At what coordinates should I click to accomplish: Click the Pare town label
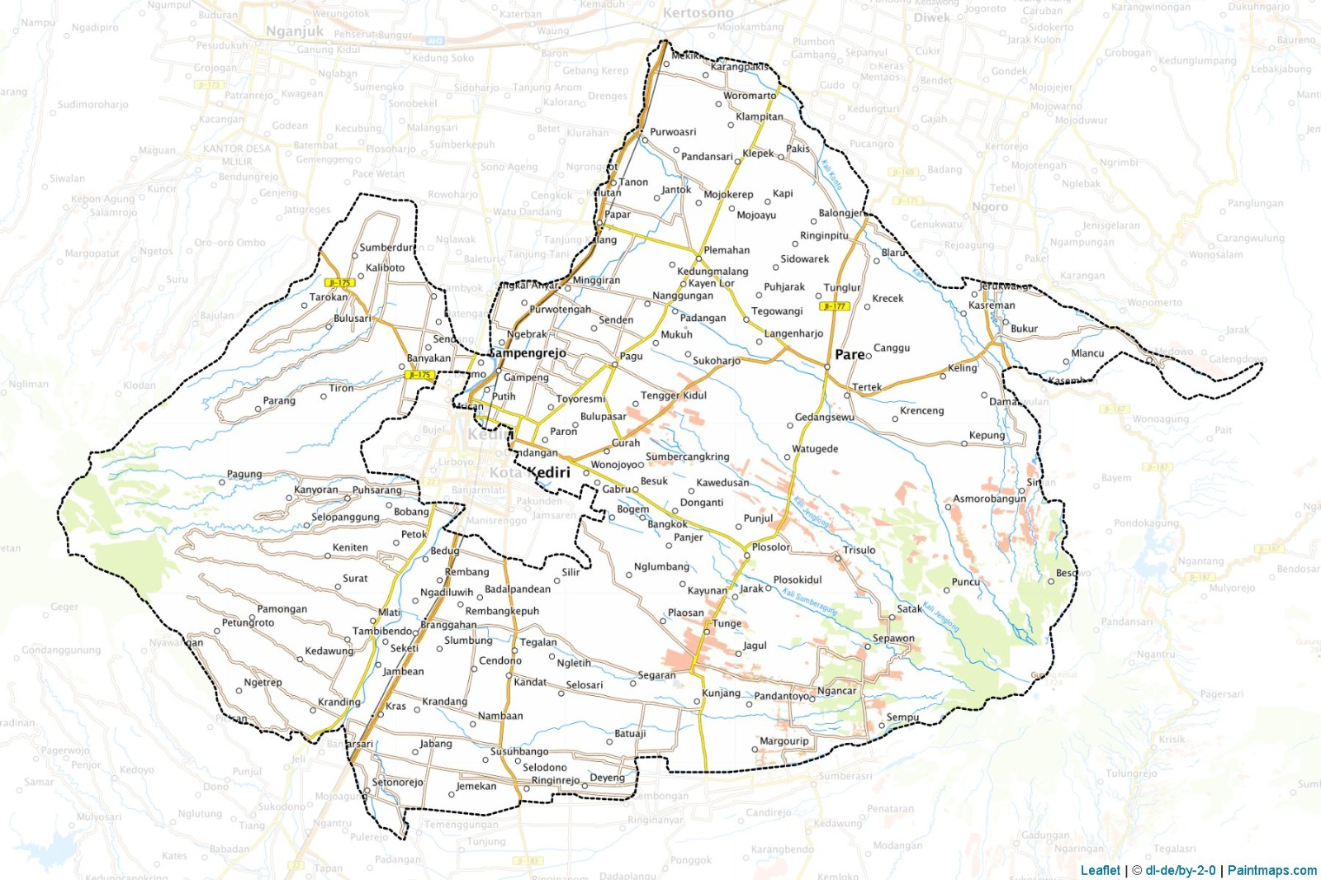(849, 354)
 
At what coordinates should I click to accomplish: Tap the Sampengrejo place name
(528, 353)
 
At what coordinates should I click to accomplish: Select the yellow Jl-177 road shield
(834, 306)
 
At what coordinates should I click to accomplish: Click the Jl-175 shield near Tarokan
(339, 282)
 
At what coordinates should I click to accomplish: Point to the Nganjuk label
(295, 31)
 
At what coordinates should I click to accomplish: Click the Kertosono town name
(698, 13)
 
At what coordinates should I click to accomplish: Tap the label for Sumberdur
(386, 248)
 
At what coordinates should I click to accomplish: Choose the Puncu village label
(965, 582)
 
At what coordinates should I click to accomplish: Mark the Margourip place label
(784, 741)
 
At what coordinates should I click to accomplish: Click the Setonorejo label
(397, 782)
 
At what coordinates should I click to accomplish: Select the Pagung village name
(244, 475)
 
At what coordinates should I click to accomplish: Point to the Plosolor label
(770, 547)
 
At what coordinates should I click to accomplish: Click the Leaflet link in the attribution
(1100, 870)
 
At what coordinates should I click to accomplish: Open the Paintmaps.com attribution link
(1271, 870)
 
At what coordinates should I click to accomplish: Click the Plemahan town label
(727, 250)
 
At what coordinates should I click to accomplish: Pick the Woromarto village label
(749, 96)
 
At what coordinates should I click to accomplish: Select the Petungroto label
(248, 622)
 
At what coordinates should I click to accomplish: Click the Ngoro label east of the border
(989, 207)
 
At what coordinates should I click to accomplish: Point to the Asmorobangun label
(989, 499)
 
